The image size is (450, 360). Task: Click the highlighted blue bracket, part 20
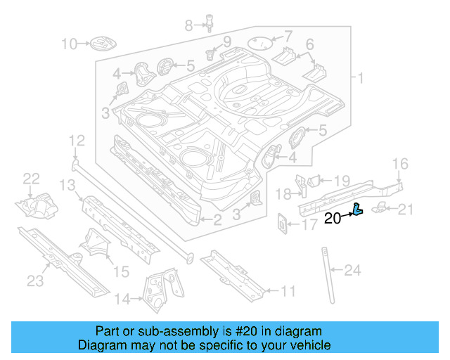358,209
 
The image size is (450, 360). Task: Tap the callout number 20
333,219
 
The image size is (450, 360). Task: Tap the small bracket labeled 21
380,205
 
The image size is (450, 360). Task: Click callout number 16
400,164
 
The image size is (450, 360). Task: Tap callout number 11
288,290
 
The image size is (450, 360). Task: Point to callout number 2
217,221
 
